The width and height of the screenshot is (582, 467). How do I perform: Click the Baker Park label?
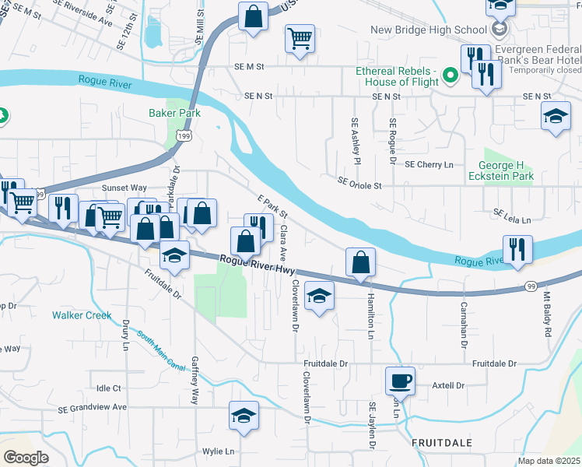[174, 113]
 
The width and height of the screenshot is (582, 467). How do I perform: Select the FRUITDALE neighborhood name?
[441, 442]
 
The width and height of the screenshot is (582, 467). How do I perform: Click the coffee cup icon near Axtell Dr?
[400, 381]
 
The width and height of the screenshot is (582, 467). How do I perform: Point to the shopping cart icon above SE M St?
[300, 37]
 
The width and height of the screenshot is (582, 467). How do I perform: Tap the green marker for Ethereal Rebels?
[449, 75]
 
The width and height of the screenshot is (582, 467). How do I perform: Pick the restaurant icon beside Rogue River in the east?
[517, 249]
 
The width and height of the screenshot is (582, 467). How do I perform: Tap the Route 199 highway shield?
[184, 136]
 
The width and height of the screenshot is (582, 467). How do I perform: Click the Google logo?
[26, 458]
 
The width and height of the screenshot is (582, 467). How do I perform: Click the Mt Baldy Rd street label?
[547, 310]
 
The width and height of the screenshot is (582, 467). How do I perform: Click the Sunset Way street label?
[125, 188]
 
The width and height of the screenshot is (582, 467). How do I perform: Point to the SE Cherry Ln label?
[429, 164]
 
